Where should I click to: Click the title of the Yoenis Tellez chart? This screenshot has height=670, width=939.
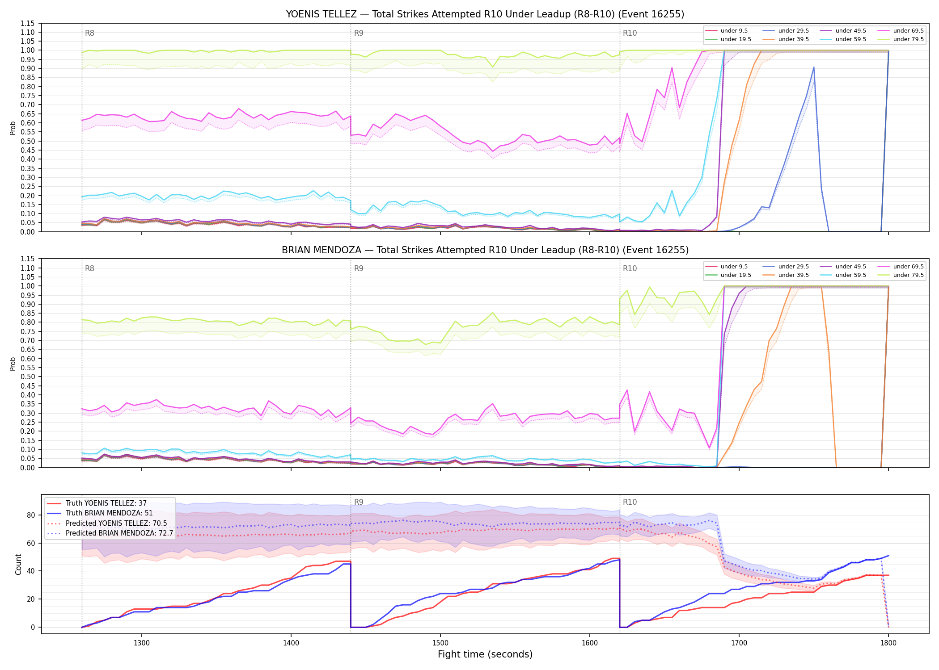(485, 14)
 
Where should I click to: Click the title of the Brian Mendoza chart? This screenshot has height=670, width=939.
(485, 250)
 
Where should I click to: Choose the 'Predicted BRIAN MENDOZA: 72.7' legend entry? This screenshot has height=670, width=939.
(110, 533)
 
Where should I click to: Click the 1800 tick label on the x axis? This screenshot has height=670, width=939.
(888, 643)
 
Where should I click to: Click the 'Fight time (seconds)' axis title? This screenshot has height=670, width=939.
(485, 654)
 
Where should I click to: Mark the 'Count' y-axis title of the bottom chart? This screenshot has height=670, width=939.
(18, 564)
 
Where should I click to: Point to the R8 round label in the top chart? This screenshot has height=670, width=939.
(89, 33)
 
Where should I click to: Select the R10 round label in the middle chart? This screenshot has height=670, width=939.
(630, 268)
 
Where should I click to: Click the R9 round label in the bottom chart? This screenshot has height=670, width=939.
(359, 502)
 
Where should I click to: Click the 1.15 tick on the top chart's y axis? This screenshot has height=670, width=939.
(27, 23)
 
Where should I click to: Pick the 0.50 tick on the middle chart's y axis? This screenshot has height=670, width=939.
(27, 377)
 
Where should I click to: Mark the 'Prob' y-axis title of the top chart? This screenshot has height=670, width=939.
(13, 128)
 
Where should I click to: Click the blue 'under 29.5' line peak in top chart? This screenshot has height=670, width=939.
(814, 67)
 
